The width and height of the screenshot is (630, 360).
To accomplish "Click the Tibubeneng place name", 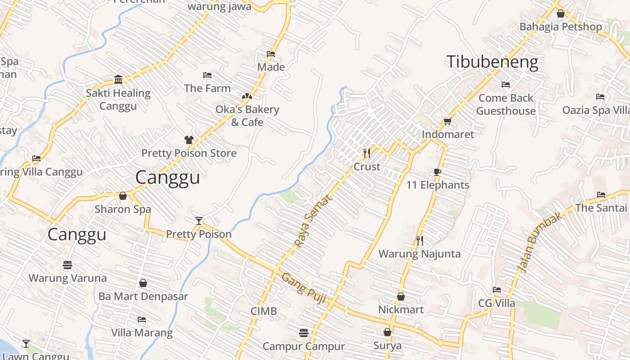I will (492, 62).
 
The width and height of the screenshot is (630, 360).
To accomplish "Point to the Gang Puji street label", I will (304, 288).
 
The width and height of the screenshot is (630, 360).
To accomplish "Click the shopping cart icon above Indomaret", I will (447, 121).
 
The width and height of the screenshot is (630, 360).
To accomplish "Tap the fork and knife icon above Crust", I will (367, 153).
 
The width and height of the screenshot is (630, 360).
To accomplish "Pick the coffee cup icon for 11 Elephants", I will (437, 172).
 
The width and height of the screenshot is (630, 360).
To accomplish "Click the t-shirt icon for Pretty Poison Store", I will (189, 140).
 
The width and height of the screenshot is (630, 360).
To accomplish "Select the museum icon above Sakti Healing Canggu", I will (118, 80).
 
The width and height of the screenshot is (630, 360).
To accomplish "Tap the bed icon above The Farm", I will (207, 75).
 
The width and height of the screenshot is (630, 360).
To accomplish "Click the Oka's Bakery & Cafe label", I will (247, 116).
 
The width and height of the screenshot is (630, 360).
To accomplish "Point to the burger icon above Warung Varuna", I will (67, 265).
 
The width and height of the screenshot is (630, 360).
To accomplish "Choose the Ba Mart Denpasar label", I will (143, 297).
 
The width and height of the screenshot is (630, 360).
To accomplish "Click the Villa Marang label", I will (142, 333).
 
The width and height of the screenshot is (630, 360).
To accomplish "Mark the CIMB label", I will (264, 311).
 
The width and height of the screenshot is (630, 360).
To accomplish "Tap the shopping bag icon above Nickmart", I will (400, 297).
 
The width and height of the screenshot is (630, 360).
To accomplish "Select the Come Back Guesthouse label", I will (506, 104).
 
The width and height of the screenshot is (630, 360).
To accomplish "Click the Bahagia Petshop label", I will (560, 27).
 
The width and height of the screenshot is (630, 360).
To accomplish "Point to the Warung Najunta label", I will (419, 254).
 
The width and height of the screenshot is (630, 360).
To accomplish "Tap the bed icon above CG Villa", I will (497, 290).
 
